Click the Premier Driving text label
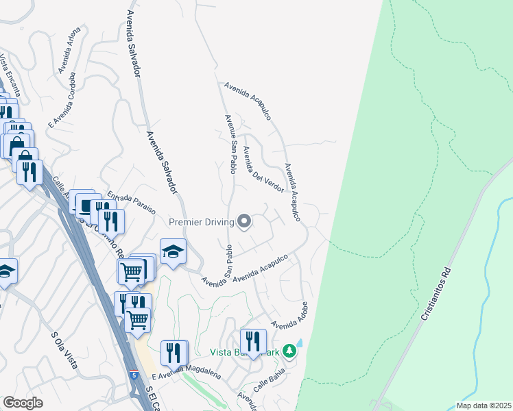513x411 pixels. click(201, 221)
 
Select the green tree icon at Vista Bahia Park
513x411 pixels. click(289, 351)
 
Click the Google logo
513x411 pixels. click(23, 403)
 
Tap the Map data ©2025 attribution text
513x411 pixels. click(483, 406)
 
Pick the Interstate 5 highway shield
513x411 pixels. click(134, 375)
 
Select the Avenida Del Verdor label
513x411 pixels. click(264, 169)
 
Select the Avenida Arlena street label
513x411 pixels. click(70, 51)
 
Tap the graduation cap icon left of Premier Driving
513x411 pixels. click(174, 251)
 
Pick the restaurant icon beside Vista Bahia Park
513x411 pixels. click(253, 341)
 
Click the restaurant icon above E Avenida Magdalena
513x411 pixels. click(174, 352)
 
